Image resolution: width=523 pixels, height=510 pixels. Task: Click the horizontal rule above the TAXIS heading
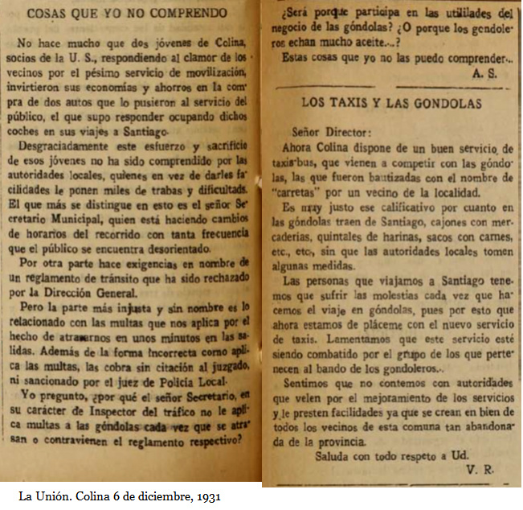pyautogui.click(x=391, y=85)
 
